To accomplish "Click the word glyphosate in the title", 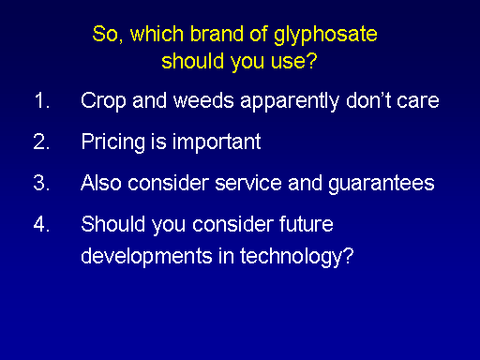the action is coord(325,36).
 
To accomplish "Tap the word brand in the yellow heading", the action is coord(217,34).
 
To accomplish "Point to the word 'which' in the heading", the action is coord(157,34).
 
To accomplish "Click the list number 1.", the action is coord(42,100).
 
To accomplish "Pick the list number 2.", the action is coord(41,142).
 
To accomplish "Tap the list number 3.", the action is coord(41,183).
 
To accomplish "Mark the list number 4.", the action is coord(41,224).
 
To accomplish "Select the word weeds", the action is coord(203,100).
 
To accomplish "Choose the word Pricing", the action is coord(113,142).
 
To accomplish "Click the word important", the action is coord(217,142).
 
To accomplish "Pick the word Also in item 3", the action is coord(101,183).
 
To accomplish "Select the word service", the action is coord(248,183).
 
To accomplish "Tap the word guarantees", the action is coord(382,184).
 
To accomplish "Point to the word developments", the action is coord(147,257).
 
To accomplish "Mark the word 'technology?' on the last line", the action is coord(296,257).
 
